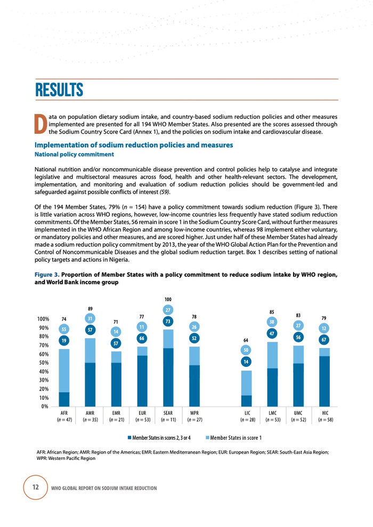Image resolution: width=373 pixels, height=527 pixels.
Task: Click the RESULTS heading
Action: click(59, 89)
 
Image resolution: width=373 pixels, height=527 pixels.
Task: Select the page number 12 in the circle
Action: click(35, 487)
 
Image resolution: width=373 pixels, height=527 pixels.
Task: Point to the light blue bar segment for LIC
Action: click(246, 383)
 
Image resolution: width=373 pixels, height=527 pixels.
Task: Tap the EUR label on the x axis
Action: click(142, 413)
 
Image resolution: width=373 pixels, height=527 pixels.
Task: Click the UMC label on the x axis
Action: click(298, 413)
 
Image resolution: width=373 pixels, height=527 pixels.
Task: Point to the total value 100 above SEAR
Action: click(168, 300)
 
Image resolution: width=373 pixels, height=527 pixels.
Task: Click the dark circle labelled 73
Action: click(168, 321)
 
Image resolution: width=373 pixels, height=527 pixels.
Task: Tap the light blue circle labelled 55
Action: click(64, 328)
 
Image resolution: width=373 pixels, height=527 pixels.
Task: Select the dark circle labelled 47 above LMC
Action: click(272, 333)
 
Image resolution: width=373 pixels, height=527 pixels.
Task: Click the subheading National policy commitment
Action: click(74, 154)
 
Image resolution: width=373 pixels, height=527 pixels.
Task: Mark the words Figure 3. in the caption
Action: click(47, 275)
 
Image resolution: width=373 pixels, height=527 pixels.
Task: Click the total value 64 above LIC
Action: click(246, 339)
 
